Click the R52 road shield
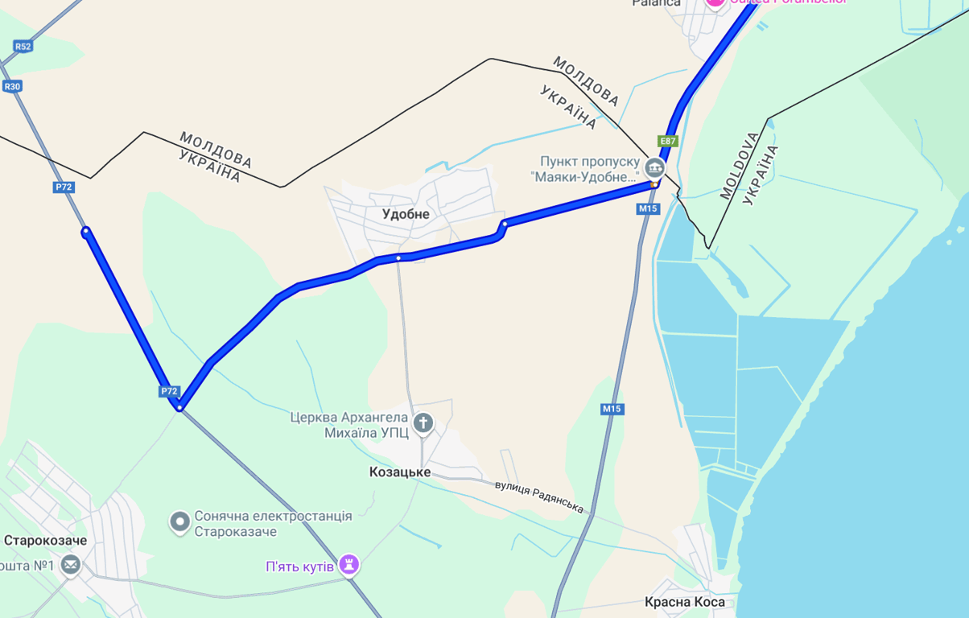click(x=23, y=47)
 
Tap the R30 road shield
click(x=12, y=87)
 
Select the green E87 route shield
click(x=668, y=142)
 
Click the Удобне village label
click(x=406, y=214)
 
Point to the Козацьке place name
click(x=400, y=472)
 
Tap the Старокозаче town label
click(x=45, y=540)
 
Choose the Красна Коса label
click(x=685, y=602)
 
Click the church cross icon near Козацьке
click(x=423, y=423)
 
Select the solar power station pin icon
click(x=179, y=523)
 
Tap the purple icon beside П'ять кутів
click(x=348, y=565)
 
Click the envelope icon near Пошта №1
click(x=71, y=566)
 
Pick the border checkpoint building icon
click(x=654, y=168)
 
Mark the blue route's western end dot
click(x=85, y=232)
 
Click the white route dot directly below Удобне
click(x=398, y=258)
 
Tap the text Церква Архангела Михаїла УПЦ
click(x=350, y=425)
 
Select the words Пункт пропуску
click(x=584, y=160)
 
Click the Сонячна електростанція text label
click(x=274, y=516)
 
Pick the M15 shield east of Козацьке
click(x=612, y=409)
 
